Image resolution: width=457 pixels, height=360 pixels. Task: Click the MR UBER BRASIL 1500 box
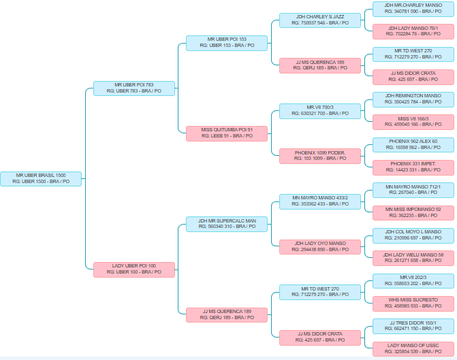click(41, 178)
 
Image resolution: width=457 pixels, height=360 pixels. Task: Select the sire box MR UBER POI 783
click(134, 88)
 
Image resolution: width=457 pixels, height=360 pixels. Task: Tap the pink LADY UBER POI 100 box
click(134, 269)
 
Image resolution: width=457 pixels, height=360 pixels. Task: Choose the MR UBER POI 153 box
click(227, 42)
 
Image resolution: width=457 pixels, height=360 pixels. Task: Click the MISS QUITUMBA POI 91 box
click(227, 133)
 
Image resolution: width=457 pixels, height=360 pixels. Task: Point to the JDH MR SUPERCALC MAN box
click(227, 224)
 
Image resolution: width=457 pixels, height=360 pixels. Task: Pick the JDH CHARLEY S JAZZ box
click(320, 20)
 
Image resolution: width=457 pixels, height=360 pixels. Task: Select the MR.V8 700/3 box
click(320, 110)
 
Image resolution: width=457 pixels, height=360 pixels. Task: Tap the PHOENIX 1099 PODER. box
click(320, 156)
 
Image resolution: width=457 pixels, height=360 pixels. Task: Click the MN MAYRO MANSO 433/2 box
click(320, 201)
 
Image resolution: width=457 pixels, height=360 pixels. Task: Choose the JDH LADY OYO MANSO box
click(320, 246)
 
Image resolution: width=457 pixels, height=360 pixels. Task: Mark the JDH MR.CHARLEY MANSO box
click(413, 8)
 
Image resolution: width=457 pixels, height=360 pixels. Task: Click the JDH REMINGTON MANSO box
click(413, 99)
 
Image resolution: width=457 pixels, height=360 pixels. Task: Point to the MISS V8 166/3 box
click(413, 122)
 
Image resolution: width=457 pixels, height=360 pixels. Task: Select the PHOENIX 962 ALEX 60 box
click(413, 144)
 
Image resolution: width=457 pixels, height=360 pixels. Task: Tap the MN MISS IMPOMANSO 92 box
click(413, 212)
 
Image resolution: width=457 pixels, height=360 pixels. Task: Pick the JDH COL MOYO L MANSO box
click(413, 235)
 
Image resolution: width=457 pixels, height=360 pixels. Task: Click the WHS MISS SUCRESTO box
click(413, 303)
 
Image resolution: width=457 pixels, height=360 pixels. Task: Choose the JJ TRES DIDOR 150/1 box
click(413, 325)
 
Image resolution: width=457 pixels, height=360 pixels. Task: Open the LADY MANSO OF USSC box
click(413, 348)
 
